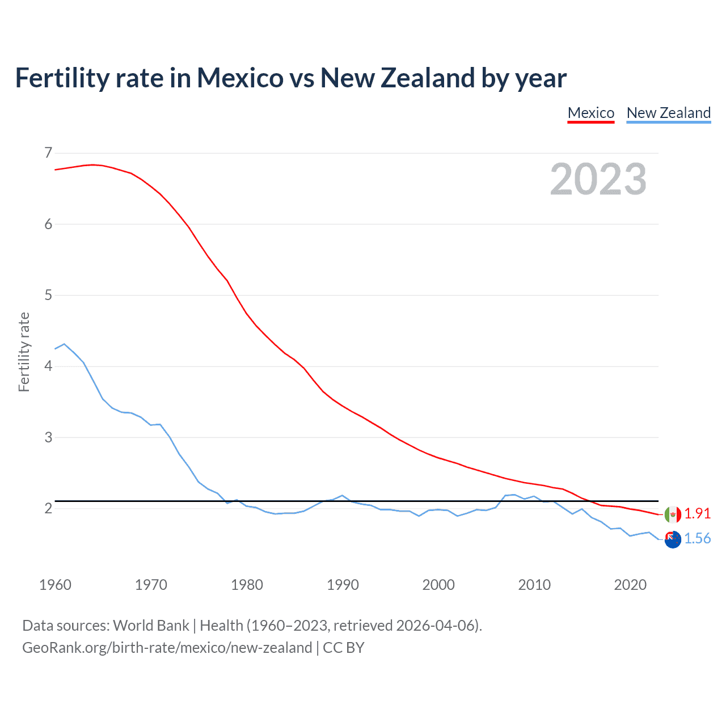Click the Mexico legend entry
[591, 113]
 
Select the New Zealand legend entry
[668, 113]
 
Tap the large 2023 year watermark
[598, 179]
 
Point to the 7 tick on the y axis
[48, 153]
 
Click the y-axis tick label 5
[48, 295]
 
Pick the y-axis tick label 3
[48, 437]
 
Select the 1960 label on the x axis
[55, 585]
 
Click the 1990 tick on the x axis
[343, 585]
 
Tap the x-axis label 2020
[630, 585]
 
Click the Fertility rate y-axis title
[24, 352]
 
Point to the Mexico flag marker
[673, 514]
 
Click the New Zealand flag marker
[673, 539]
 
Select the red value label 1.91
[697, 513]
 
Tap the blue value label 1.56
[697, 538]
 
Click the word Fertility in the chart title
[62, 78]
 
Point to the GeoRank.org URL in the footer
[167, 648]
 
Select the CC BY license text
[344, 648]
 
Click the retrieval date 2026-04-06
[437, 626]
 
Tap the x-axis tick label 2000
[438, 585]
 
